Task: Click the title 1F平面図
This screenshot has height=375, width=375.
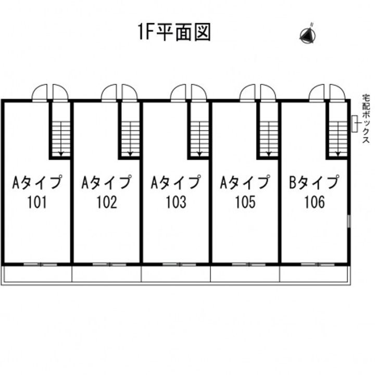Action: click(x=174, y=32)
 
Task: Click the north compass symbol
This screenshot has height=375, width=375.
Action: click(x=307, y=34)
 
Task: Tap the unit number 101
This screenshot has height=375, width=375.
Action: click(x=37, y=202)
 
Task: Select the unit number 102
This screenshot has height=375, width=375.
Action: click(x=107, y=202)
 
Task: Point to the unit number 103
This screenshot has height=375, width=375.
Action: click(x=176, y=202)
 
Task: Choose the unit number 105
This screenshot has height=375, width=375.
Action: click(x=245, y=202)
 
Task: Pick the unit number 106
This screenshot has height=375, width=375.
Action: click(x=315, y=202)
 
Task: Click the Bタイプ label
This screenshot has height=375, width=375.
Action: click(x=314, y=183)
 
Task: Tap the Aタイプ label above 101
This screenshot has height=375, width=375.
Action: click(x=37, y=183)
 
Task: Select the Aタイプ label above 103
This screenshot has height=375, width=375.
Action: click(x=176, y=183)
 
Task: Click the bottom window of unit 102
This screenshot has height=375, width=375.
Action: click(x=109, y=265)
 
